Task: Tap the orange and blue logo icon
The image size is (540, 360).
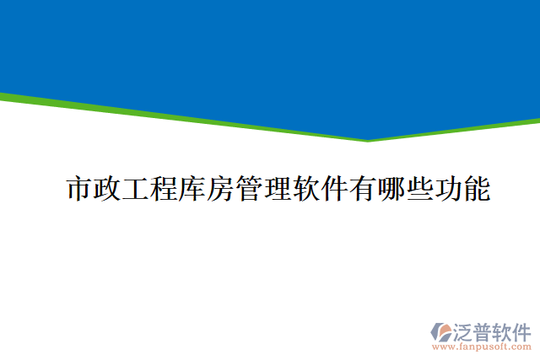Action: [441, 330]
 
